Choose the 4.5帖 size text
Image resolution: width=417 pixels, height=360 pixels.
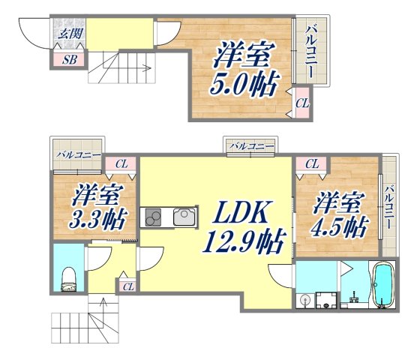coord(340,224)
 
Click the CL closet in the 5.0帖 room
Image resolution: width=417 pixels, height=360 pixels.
coord(301,103)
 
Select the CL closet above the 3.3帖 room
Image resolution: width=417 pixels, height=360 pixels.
coord(121,162)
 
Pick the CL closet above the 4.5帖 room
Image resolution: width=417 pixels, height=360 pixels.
coord(311,162)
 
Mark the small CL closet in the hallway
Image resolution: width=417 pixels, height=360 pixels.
coord(127,286)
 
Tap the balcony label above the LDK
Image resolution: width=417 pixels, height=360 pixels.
coord(251,145)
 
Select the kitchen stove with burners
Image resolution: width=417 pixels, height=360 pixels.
coord(153,218)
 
